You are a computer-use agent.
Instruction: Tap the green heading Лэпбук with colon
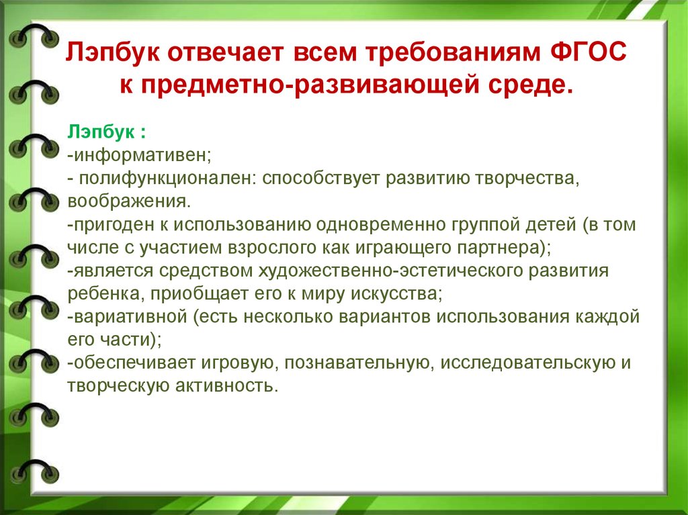pyautogui.click(x=106, y=132)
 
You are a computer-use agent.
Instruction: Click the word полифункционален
pyautogui.click(x=167, y=179)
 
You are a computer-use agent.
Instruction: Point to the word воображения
pyautogui.click(x=129, y=201)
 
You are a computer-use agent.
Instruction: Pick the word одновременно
pyautogui.click(x=380, y=224)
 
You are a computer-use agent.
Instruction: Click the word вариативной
pyautogui.click(x=130, y=317)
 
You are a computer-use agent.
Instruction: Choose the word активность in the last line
pyautogui.click(x=226, y=385)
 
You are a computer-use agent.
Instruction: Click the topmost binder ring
pyautogui.click(x=34, y=37)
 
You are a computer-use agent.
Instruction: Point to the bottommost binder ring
pyautogui.click(x=34, y=472)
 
